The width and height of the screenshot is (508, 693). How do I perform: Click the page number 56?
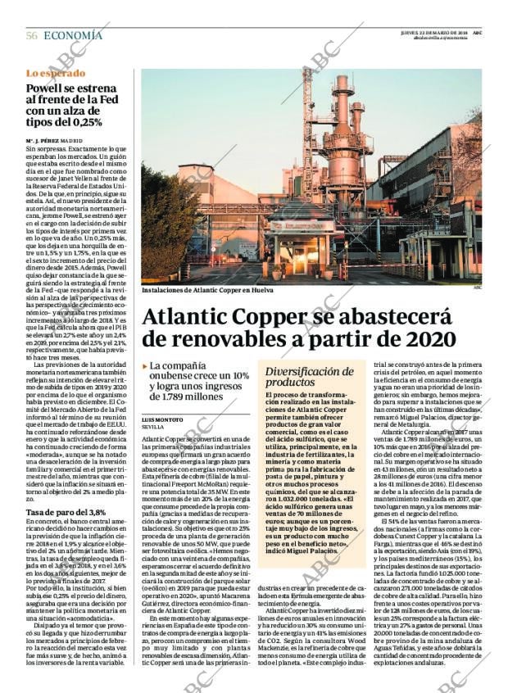tap(32, 35)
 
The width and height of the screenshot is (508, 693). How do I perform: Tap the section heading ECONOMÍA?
tap(73, 35)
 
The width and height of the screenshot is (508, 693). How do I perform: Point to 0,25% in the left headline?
tap(85, 121)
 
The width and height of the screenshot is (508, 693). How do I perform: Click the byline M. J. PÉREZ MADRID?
tap(54, 141)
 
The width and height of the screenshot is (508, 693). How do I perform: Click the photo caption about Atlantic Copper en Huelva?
tap(206, 291)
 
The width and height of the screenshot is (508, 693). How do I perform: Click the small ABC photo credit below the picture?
tap(478, 288)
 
